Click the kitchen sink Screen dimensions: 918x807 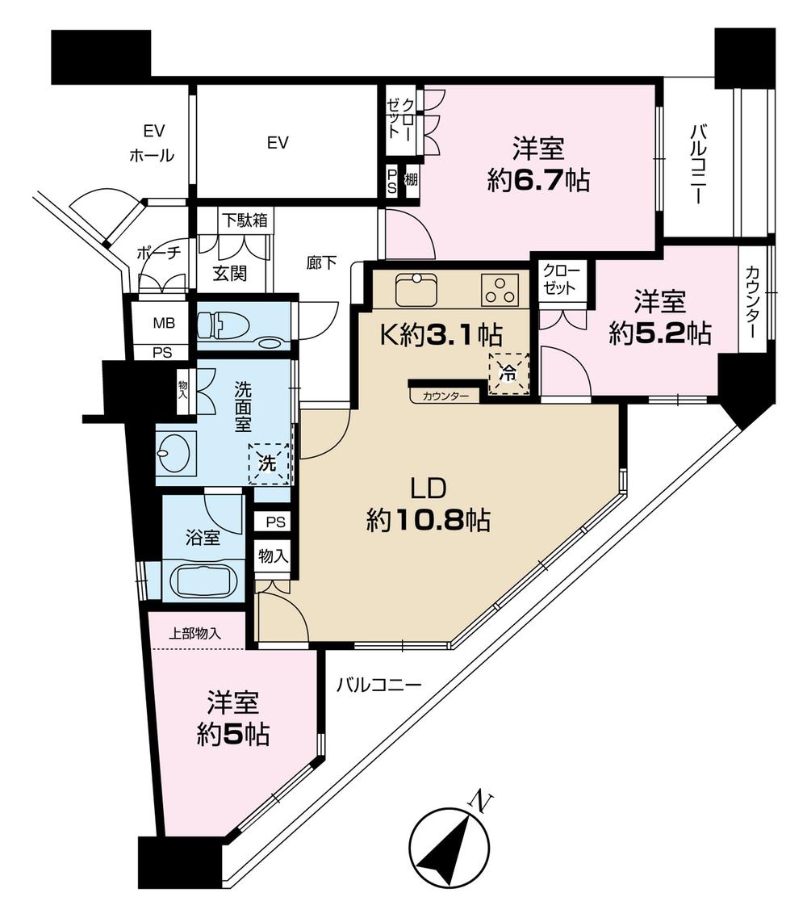pyautogui.click(x=416, y=290)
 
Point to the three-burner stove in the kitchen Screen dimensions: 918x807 pyautogui.click(x=500, y=291)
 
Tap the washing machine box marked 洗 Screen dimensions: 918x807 pyautogui.click(x=269, y=463)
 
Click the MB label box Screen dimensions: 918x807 pyautogui.click(x=162, y=323)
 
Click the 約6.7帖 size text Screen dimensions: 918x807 pyautogui.click(x=537, y=182)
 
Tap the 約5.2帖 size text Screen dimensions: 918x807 pyautogui.click(x=659, y=333)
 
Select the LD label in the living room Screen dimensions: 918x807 pyautogui.click(x=428, y=490)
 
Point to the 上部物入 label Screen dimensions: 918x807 pyautogui.click(x=194, y=634)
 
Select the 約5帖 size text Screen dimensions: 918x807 pyautogui.click(x=233, y=735)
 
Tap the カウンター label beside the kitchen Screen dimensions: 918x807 pyautogui.click(x=444, y=396)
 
